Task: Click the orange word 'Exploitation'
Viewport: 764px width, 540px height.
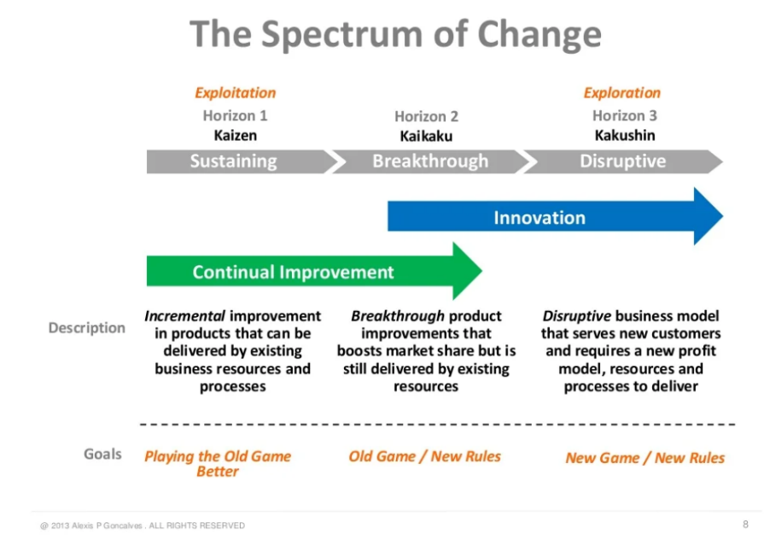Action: point(235,93)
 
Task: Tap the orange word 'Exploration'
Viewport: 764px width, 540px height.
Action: point(621,93)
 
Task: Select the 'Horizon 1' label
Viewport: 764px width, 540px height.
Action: point(235,115)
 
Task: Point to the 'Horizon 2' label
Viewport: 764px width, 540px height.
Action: point(426,116)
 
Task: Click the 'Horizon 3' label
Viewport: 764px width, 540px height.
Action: point(624,115)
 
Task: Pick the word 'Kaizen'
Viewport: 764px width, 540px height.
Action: point(235,135)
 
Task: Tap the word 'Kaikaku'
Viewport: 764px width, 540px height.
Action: point(426,136)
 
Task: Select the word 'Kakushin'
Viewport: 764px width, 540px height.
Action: point(624,135)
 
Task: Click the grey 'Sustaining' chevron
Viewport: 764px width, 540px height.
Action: point(234,161)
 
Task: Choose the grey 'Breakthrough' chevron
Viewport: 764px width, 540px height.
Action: point(430,161)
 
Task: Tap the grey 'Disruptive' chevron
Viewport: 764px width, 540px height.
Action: point(622,161)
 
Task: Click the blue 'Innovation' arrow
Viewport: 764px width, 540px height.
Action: point(539,218)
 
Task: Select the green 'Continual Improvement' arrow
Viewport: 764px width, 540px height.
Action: point(294,273)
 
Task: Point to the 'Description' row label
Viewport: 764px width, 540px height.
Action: point(86,327)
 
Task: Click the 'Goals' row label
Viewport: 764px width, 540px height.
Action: point(102,454)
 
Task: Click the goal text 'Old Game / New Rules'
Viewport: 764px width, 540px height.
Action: point(424,456)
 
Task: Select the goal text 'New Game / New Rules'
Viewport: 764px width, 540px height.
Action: point(644,458)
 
